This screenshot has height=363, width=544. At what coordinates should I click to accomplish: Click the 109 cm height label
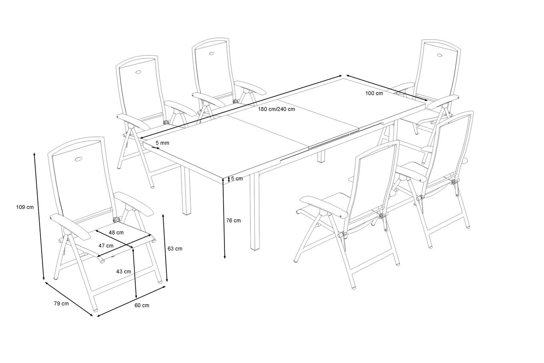(24, 207)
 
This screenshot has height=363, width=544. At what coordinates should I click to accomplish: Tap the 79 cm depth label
(61, 304)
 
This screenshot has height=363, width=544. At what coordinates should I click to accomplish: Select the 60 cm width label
(142, 305)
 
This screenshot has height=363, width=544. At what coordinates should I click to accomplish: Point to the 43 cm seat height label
(124, 271)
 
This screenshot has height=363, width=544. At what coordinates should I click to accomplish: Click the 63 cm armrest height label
(175, 249)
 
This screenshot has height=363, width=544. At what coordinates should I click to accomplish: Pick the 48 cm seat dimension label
(116, 232)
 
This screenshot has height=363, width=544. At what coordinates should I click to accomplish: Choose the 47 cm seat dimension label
(106, 245)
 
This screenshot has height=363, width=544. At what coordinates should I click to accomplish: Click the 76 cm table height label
(233, 220)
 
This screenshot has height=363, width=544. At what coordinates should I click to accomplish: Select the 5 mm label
(162, 143)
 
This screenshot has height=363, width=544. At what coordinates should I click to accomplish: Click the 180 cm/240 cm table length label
(276, 109)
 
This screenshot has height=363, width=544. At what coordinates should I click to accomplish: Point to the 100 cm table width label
(374, 93)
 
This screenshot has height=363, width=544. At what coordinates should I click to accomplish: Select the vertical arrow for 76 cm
(224, 218)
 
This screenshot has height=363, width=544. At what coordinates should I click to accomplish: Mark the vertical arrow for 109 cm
(39, 216)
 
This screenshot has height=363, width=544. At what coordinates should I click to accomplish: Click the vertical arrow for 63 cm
(165, 248)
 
